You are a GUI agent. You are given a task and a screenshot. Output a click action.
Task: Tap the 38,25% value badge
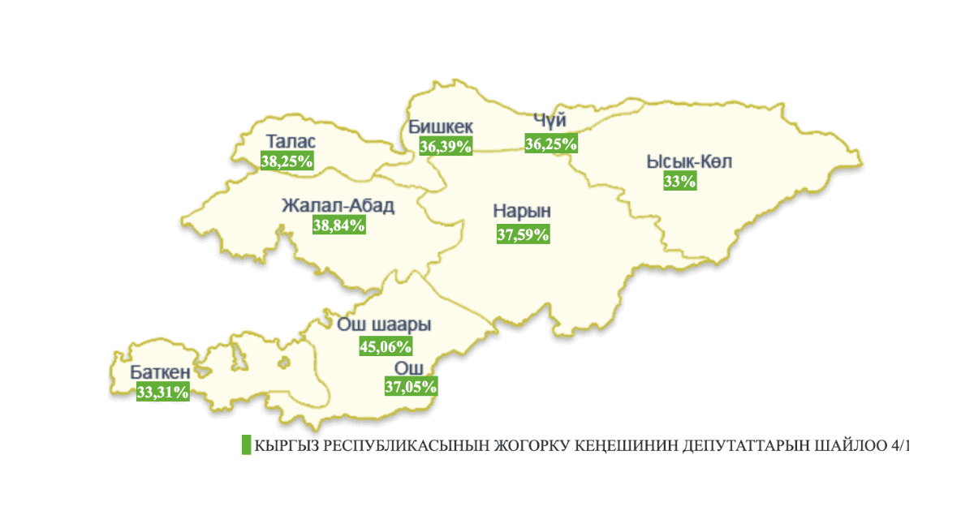pyautogui.click(x=287, y=161)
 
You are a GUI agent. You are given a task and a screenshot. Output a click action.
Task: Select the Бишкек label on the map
pyautogui.click(x=440, y=128)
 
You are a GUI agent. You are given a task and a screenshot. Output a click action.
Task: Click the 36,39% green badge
pyautogui.click(x=446, y=146)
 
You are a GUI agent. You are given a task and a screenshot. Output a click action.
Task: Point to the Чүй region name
pyautogui.click(x=549, y=122)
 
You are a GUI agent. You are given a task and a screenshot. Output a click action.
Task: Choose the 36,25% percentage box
pyautogui.click(x=551, y=144)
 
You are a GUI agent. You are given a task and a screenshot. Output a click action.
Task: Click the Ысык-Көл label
pyautogui.click(x=689, y=162)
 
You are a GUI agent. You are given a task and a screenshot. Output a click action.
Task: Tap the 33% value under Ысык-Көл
pyautogui.click(x=679, y=182)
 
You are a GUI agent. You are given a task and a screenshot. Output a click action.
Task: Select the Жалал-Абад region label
pyautogui.click(x=338, y=206)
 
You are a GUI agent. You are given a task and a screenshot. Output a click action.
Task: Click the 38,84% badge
pyautogui.click(x=338, y=225)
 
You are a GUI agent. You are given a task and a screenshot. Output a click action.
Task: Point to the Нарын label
pyautogui.click(x=522, y=212)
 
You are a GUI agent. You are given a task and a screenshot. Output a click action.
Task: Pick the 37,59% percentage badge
pyautogui.click(x=523, y=234)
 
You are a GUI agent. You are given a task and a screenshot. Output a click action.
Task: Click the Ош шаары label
pyautogui.click(x=383, y=325)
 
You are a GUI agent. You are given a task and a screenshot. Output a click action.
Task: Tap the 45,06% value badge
pyautogui.click(x=386, y=346)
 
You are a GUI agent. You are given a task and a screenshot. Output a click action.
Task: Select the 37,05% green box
pyautogui.click(x=411, y=386)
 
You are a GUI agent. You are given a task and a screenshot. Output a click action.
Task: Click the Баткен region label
pyautogui.click(x=161, y=373)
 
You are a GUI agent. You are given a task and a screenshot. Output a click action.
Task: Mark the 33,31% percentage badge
pyautogui.click(x=163, y=393)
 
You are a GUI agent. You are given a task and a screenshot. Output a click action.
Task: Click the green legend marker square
pyautogui.click(x=246, y=445)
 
